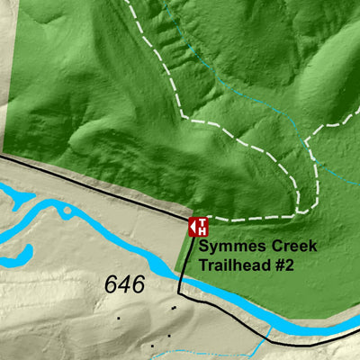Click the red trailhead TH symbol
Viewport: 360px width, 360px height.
pyautogui.click(x=199, y=226)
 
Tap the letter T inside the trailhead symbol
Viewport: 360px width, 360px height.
pyautogui.click(x=202, y=221)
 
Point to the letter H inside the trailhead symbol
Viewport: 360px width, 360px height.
pyautogui.click(x=202, y=230)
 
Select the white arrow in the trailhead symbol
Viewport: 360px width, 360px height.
pyautogui.click(x=193, y=226)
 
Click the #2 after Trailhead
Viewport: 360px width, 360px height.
pyautogui.click(x=285, y=265)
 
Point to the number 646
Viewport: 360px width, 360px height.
pyautogui.click(x=124, y=285)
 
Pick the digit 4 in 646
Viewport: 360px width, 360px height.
pyautogui.click(x=124, y=285)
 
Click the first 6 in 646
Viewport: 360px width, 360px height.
pyautogui.click(x=112, y=285)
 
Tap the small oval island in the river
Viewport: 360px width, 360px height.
pyautogui.click(x=67, y=212)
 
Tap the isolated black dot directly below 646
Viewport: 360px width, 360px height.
pyautogui.click(x=118, y=318)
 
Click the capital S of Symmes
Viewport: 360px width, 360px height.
pyautogui.click(x=205, y=247)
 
